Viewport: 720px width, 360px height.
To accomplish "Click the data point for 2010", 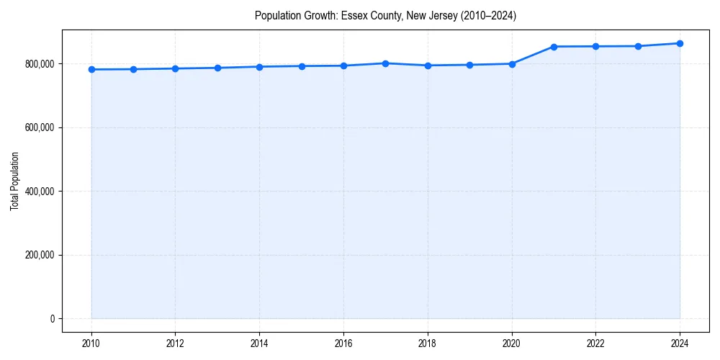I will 91,70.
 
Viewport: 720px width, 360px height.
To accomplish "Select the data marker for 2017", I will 386,63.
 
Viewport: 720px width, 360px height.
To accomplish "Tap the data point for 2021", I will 554,47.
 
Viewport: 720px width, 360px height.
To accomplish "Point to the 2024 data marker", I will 680,43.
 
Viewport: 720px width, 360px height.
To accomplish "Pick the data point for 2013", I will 217,68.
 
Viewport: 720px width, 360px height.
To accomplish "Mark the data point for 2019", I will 469,65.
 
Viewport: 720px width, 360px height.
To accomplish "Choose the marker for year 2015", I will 302,66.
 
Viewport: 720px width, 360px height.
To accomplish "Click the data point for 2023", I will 638,46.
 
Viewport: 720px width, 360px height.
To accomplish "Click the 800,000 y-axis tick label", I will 39,64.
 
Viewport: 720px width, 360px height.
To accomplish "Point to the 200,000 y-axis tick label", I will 39,255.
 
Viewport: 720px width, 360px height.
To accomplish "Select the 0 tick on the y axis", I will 52,319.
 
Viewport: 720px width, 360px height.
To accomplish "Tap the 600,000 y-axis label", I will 39,127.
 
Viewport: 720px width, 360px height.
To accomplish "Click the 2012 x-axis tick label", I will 175,343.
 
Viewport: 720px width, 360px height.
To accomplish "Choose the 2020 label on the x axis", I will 512,343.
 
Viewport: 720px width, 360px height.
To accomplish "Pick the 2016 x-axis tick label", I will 343,343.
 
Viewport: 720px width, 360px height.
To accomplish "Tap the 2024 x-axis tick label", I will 680,343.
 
